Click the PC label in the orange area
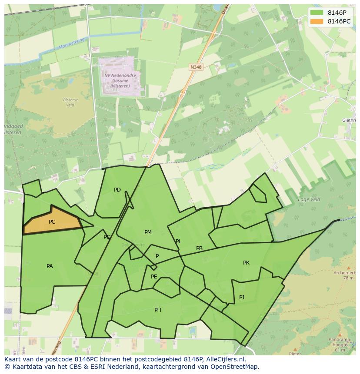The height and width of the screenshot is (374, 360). [x=52, y=222]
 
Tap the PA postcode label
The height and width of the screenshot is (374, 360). [x=50, y=266]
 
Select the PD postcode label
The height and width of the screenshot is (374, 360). [x=117, y=190]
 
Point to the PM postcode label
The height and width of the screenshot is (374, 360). [x=148, y=232]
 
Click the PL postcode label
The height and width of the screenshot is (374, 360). [x=178, y=242]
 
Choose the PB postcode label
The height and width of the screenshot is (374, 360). [x=199, y=249]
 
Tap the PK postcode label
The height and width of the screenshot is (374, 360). [x=246, y=263]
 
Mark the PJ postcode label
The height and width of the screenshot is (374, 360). [x=242, y=298]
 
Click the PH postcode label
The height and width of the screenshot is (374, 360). [x=157, y=310]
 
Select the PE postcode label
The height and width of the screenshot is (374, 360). [x=154, y=277]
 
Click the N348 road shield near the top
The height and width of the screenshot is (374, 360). [x=196, y=67]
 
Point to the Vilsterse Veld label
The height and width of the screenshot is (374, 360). [x=70, y=103]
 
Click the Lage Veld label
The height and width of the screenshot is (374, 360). [x=309, y=200]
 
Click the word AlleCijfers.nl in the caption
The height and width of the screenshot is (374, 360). [x=225, y=359]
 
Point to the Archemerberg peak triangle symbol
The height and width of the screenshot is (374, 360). [x=348, y=268]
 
